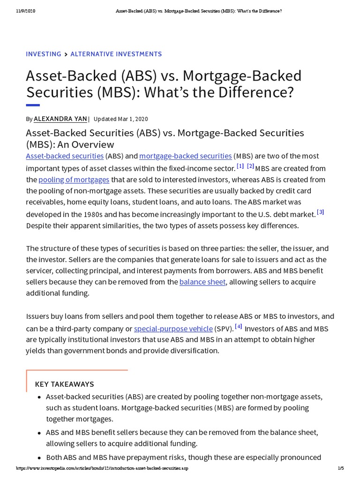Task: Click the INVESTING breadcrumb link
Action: (x=43, y=54)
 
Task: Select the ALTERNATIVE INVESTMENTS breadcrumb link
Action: (x=116, y=54)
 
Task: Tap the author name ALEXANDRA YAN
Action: (x=60, y=119)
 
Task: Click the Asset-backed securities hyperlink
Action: (x=65, y=156)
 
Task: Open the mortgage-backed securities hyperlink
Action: (x=185, y=156)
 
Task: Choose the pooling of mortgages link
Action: (x=74, y=180)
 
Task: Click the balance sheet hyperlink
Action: (x=202, y=282)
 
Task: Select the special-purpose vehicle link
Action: (x=173, y=329)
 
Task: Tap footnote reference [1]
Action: (x=240, y=166)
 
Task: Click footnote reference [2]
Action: (x=250, y=166)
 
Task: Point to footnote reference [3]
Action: (x=321, y=212)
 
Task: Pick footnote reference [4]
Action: (x=239, y=327)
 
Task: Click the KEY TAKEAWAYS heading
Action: (x=65, y=384)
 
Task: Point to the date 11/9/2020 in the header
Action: (x=26, y=11)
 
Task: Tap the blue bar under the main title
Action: (x=33, y=105)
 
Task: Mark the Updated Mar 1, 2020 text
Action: (x=121, y=119)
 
